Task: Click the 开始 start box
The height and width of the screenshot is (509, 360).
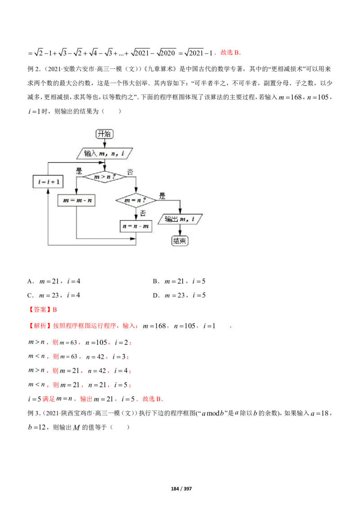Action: coord(104,134)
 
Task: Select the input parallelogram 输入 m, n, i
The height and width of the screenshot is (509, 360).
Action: coord(104,153)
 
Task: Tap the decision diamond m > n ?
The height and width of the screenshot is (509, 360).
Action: coord(104,177)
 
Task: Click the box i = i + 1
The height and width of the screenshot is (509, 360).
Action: coord(47,182)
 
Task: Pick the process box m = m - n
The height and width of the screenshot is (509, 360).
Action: coord(76,200)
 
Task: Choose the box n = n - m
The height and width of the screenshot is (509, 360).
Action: coord(135,226)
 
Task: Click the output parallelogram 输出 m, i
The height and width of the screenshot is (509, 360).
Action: coord(180,219)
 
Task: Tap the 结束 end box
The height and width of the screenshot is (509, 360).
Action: coord(180,241)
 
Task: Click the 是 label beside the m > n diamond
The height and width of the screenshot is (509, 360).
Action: coord(79,171)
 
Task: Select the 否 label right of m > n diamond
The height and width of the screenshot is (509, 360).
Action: coord(130,172)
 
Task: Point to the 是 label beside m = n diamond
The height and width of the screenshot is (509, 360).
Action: coord(162,196)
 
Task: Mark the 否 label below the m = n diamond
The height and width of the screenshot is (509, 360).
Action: coord(143,213)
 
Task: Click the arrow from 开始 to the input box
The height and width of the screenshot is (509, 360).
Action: coord(104,143)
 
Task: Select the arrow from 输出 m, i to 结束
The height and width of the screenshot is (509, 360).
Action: coord(180,231)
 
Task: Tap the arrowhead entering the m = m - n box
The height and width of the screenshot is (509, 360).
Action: coord(76,192)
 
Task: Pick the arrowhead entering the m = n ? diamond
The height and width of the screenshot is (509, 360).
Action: coord(135,191)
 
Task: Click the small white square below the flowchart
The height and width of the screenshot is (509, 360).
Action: coord(223,326)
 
